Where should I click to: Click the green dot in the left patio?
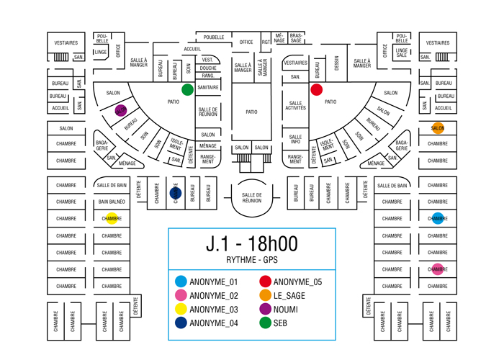click(188, 89)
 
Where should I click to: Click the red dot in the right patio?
click(316, 90)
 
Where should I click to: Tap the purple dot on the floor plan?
click(121, 111)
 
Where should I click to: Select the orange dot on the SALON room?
click(438, 128)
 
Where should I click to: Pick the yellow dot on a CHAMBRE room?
click(112, 218)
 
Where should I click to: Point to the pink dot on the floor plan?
click(438, 270)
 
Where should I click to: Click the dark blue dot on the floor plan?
click(175, 193)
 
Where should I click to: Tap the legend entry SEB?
click(280, 323)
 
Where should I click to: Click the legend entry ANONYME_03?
click(213, 310)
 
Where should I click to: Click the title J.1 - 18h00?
click(251, 243)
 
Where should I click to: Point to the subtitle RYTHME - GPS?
click(251, 260)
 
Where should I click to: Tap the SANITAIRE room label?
click(208, 87)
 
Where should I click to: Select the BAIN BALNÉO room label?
click(112, 202)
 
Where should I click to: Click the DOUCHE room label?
click(208, 68)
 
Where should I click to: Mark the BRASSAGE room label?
click(296, 37)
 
